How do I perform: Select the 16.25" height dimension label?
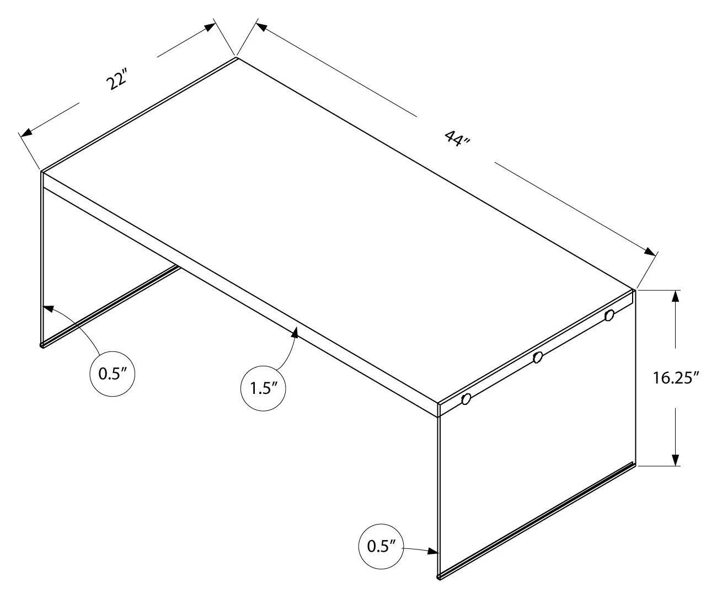coord(676,378)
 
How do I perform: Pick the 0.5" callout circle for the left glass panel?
coord(113,373)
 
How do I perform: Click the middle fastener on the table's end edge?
coord(537,357)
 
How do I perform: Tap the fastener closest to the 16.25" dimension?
coord(609,316)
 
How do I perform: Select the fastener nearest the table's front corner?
coord(466,399)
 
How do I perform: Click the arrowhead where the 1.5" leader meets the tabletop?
coord(296,333)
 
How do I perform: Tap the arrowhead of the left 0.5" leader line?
coord(47,309)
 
